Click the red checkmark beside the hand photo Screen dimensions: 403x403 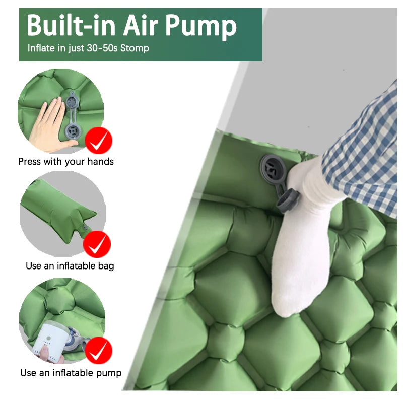[99, 141]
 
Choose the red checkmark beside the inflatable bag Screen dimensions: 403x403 [97, 244]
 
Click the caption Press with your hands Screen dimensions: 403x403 [66, 162]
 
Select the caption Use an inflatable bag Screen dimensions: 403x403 [70, 265]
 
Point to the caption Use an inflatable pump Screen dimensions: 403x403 [71, 373]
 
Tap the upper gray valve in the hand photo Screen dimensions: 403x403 [71, 103]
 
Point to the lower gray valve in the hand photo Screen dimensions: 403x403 [72, 132]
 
